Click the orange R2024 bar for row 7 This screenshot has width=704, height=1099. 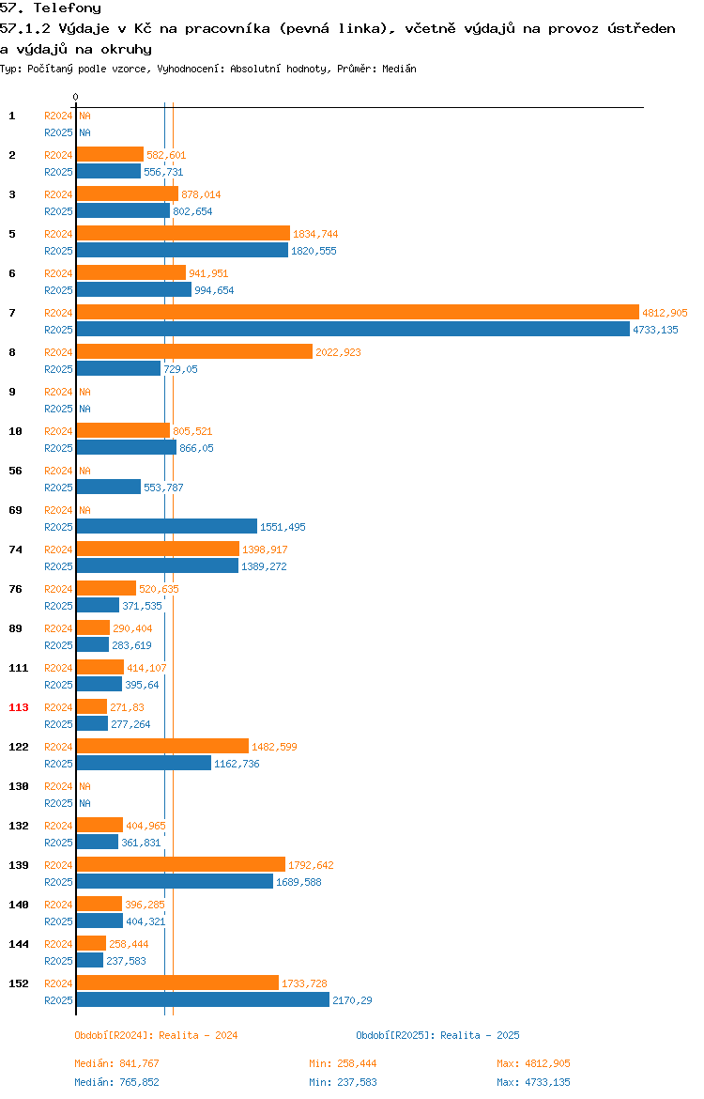[x=358, y=313]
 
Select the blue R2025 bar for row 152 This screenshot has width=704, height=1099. [x=203, y=1000]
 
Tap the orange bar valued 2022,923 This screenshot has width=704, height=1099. [x=194, y=352]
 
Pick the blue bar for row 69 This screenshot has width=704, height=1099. [x=167, y=526]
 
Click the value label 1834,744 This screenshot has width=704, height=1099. [x=315, y=234]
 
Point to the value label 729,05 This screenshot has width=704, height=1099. [x=181, y=369]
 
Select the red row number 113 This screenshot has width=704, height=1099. [x=19, y=707]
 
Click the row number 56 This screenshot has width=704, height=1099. [x=15, y=471]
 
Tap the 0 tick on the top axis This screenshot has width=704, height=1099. [x=76, y=98]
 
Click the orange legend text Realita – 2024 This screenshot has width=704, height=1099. [x=198, y=1035]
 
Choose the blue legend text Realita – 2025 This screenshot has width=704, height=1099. [x=480, y=1035]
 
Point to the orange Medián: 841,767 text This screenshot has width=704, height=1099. [x=117, y=1063]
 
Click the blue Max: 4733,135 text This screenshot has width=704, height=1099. [x=534, y=1082]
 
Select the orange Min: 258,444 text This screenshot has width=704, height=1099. [x=344, y=1063]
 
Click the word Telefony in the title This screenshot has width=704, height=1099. [x=68, y=8]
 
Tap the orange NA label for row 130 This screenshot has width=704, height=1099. [x=84, y=786]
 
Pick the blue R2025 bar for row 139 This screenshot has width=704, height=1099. [x=176, y=882]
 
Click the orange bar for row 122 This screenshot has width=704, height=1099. [x=162, y=747]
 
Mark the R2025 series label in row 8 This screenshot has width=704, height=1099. [x=58, y=369]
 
